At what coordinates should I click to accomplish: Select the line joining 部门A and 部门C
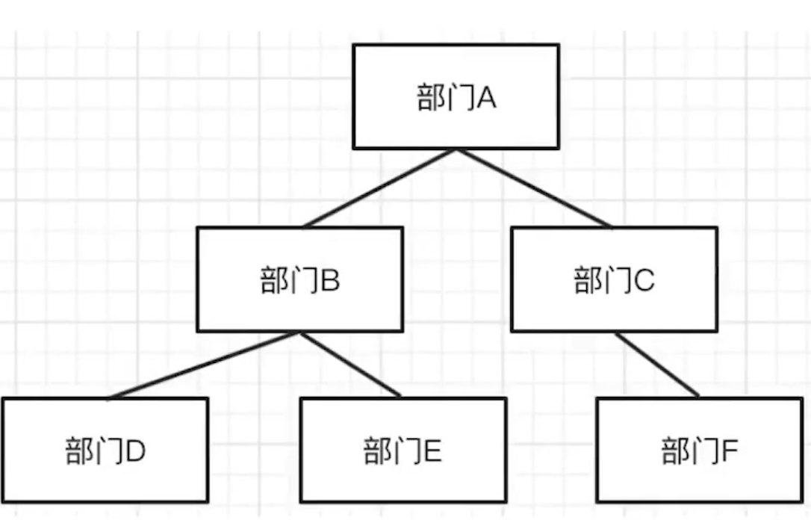[x=534, y=188]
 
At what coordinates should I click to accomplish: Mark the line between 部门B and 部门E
[x=351, y=365]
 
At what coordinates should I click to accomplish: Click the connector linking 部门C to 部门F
[x=657, y=365]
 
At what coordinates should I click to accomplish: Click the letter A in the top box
[x=486, y=98]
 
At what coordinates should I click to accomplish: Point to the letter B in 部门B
[x=331, y=282]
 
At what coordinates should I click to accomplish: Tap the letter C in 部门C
[x=644, y=282]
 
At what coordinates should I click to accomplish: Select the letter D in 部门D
[x=135, y=451]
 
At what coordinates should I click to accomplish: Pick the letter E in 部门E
[x=432, y=451]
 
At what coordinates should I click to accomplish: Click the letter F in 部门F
[x=730, y=451]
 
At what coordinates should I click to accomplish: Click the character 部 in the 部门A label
[x=432, y=98]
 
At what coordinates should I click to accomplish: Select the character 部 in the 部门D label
[x=79, y=451]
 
